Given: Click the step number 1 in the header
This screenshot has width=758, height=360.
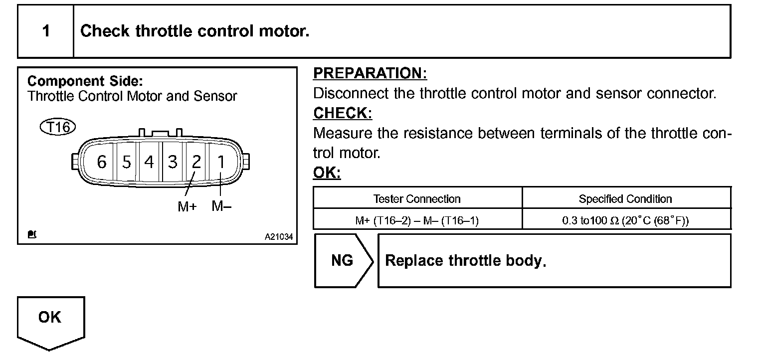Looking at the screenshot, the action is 46,31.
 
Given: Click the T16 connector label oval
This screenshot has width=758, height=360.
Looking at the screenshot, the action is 57,127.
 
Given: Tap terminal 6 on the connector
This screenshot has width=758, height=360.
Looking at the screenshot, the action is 102,162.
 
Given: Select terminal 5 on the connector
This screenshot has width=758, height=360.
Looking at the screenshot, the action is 127,162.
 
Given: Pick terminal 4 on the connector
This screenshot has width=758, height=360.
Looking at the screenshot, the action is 149,162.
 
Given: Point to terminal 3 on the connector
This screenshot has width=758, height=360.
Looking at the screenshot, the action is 173,162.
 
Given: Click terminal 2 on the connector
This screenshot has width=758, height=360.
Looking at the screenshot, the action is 196,162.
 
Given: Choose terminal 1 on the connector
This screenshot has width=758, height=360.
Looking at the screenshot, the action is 220,162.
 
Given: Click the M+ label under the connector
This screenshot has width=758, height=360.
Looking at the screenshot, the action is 187,206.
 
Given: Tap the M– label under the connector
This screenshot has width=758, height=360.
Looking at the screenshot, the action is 221,206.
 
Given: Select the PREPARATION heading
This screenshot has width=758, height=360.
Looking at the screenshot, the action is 370,73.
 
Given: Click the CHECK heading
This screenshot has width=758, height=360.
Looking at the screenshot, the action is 343,113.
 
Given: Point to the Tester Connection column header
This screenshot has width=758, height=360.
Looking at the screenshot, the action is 417,199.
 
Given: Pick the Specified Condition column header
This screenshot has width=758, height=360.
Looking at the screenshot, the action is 625,199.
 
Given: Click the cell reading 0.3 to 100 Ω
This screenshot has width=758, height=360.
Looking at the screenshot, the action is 625,220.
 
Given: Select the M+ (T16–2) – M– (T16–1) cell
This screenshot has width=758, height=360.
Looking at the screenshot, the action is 417,220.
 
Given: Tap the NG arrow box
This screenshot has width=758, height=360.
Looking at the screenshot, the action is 343,261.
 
